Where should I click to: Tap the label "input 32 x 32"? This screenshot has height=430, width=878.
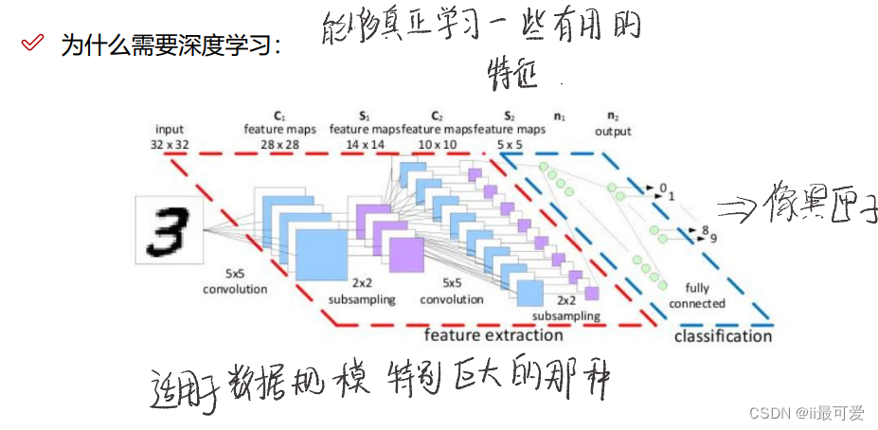[x=170, y=137]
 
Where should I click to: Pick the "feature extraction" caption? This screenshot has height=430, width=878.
[x=493, y=334]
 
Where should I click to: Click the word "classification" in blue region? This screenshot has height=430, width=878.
[x=723, y=335]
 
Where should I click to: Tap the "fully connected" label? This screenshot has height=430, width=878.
[x=697, y=296]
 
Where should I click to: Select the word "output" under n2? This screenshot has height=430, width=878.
[x=613, y=132]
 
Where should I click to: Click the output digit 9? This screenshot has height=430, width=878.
[x=712, y=238]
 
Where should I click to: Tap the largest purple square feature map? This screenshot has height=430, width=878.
[x=406, y=255]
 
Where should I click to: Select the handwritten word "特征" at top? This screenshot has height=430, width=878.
[x=512, y=74]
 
